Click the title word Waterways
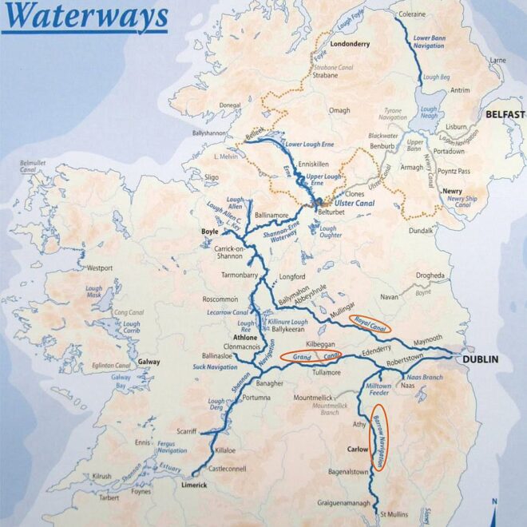(x=85, y=15)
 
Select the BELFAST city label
(x=505, y=115)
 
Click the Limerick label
(x=195, y=485)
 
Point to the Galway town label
(x=149, y=362)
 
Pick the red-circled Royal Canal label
(x=373, y=322)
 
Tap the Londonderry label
(x=351, y=45)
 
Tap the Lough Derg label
(x=216, y=405)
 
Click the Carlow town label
(x=356, y=449)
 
